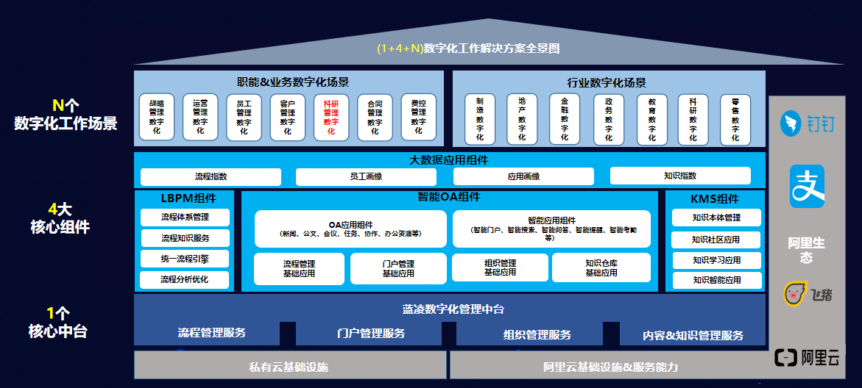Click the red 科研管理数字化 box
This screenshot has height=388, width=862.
pyautogui.click(x=331, y=117)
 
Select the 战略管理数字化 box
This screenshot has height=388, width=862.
pyautogui.click(x=156, y=117)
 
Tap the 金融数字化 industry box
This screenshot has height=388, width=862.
pyautogui.click(x=565, y=118)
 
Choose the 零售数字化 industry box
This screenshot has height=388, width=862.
pyautogui.click(x=735, y=118)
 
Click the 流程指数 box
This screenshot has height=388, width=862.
pyautogui.click(x=211, y=176)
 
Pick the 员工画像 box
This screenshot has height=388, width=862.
pyautogui.click(x=366, y=176)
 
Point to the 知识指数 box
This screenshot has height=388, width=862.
pyautogui.click(x=679, y=176)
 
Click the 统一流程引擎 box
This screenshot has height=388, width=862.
pyautogui.click(x=185, y=259)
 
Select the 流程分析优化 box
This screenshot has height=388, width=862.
pyautogui.click(x=185, y=280)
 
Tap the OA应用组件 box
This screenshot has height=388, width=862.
pyautogui.click(x=350, y=229)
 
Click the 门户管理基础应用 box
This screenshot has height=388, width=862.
pyautogui.click(x=398, y=268)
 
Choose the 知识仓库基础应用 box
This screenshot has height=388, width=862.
pyautogui.click(x=601, y=267)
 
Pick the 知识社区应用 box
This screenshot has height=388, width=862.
pyautogui.click(x=716, y=240)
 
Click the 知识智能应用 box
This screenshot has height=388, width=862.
pyautogui.click(x=716, y=280)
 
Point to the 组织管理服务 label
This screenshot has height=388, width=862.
pyautogui.click(x=537, y=335)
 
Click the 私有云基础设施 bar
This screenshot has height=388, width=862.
pyautogui.click(x=289, y=366)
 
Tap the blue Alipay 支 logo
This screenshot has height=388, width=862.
pyautogui.click(x=807, y=186)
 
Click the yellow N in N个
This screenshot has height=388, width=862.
pyautogui.click(x=58, y=104)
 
